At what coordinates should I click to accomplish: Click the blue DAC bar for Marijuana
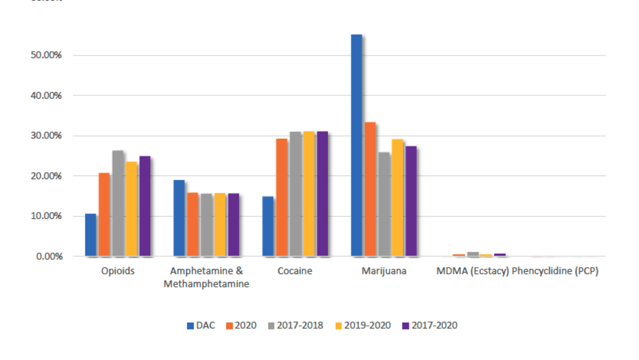[357, 145]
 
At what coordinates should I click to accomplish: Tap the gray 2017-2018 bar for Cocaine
[295, 194]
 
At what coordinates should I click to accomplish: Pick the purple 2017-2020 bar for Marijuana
[411, 201]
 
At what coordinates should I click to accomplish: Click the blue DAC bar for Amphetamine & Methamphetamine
[179, 218]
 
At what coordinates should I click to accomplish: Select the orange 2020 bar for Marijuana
[370, 189]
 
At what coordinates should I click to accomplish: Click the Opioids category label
[118, 271]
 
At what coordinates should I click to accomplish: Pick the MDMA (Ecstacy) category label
[473, 271]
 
